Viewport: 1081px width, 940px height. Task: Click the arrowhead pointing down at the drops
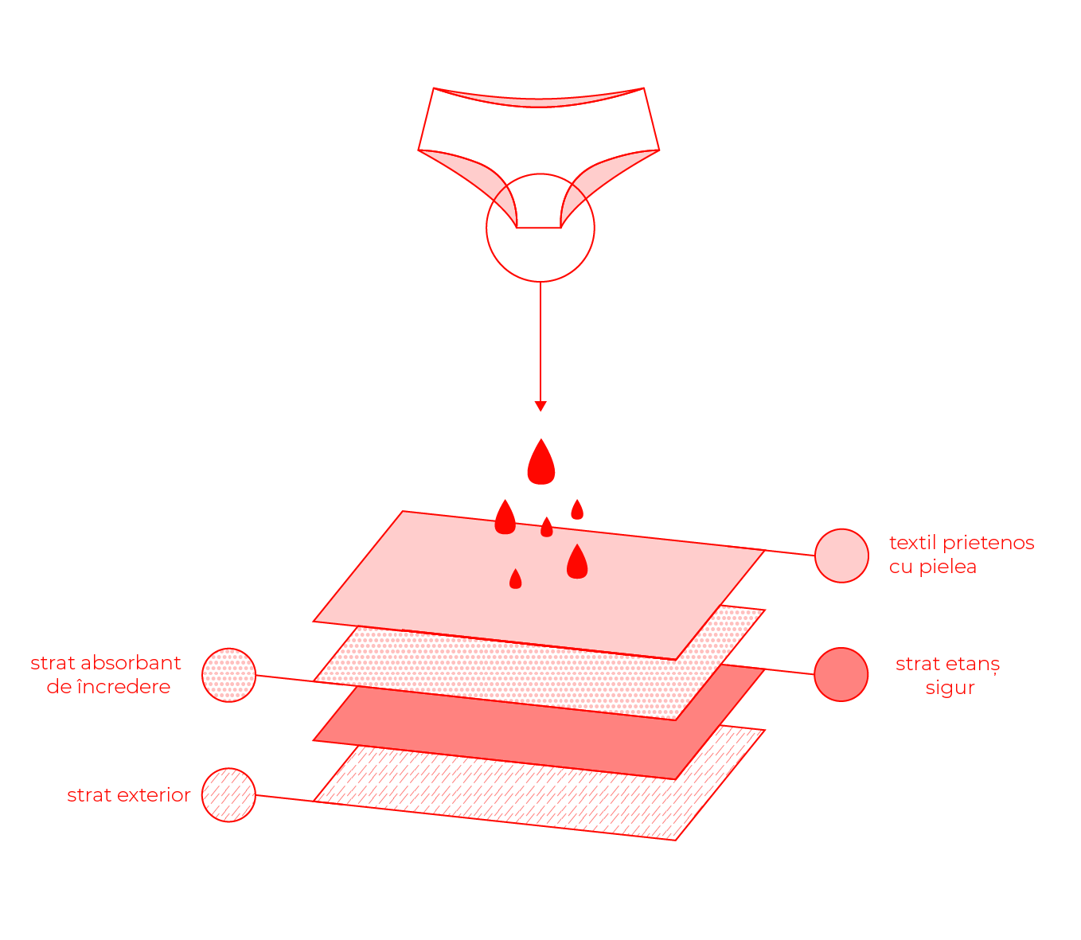[540, 406]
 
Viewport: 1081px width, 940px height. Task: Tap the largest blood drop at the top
[541, 462]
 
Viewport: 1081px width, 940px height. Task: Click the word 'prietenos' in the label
[988, 543]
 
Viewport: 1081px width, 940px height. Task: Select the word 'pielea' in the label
[947, 568]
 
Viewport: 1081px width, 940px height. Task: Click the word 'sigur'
[950, 688]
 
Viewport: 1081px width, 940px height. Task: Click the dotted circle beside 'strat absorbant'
[228, 675]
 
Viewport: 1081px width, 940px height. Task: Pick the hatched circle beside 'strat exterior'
[228, 795]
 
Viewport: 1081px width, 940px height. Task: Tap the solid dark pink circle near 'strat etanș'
[841, 674]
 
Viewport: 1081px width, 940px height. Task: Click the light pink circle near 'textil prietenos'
[841, 556]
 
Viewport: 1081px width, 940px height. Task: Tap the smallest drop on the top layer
[546, 527]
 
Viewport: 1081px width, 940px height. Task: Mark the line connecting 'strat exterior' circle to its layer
[284, 798]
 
